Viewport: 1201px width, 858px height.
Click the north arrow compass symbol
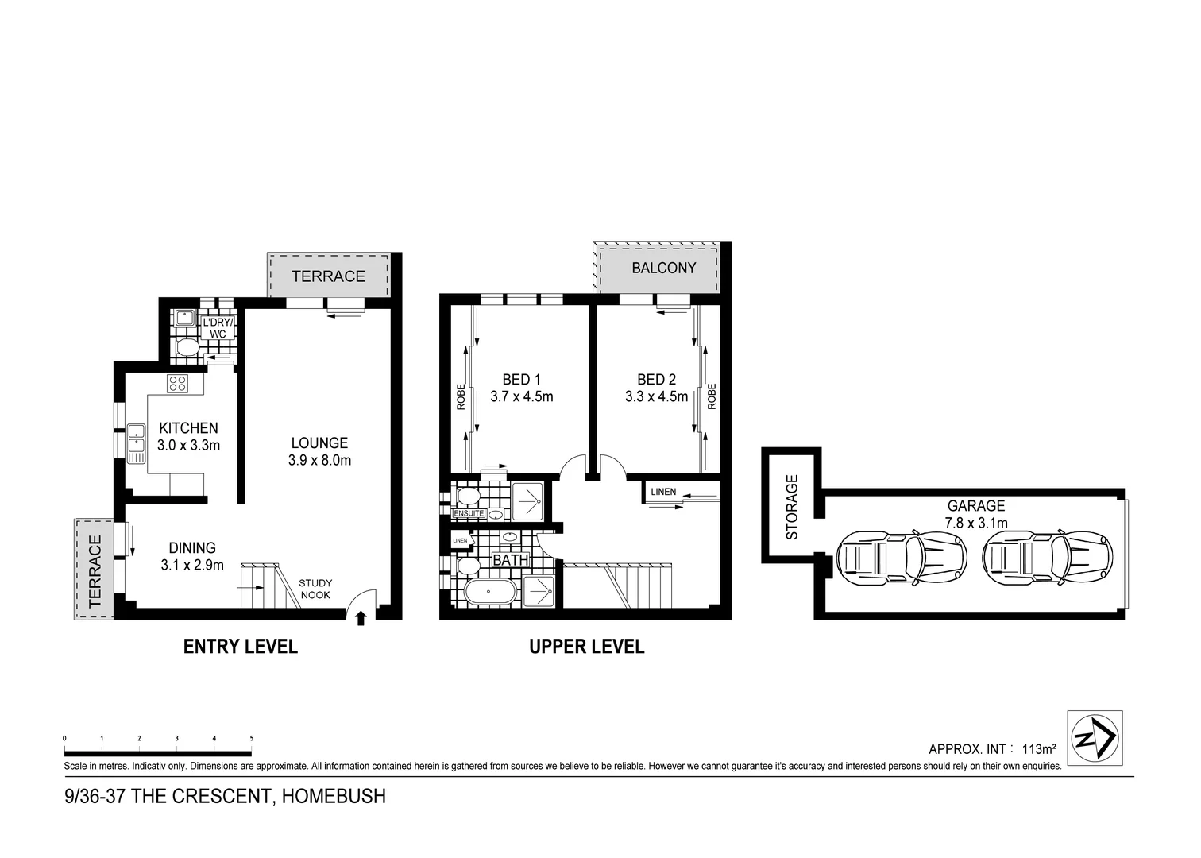tap(1095, 738)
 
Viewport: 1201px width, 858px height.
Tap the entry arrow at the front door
tap(361, 618)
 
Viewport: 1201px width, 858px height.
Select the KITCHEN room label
tap(188, 428)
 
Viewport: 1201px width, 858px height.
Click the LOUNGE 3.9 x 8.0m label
tap(319, 451)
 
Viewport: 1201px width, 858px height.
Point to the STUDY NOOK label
tap(315, 589)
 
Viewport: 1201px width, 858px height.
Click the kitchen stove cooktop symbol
tap(177, 384)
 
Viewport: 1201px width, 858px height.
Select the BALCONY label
tap(663, 268)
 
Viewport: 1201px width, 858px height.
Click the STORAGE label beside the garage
tap(792, 507)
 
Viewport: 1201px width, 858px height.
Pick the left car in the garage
tap(902, 555)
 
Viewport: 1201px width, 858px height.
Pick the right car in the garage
tap(1047, 555)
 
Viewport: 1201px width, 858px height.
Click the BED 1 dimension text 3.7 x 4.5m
tap(521, 396)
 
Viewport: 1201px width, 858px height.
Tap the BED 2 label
tap(656, 380)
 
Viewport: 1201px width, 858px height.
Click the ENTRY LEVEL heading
tap(240, 647)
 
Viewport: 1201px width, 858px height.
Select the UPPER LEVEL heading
tap(586, 647)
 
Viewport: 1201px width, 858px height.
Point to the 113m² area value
tap(1038, 749)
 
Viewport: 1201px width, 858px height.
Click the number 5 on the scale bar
tap(252, 739)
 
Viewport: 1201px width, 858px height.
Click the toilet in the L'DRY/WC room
tap(187, 348)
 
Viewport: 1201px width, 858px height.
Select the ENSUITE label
tap(468, 514)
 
